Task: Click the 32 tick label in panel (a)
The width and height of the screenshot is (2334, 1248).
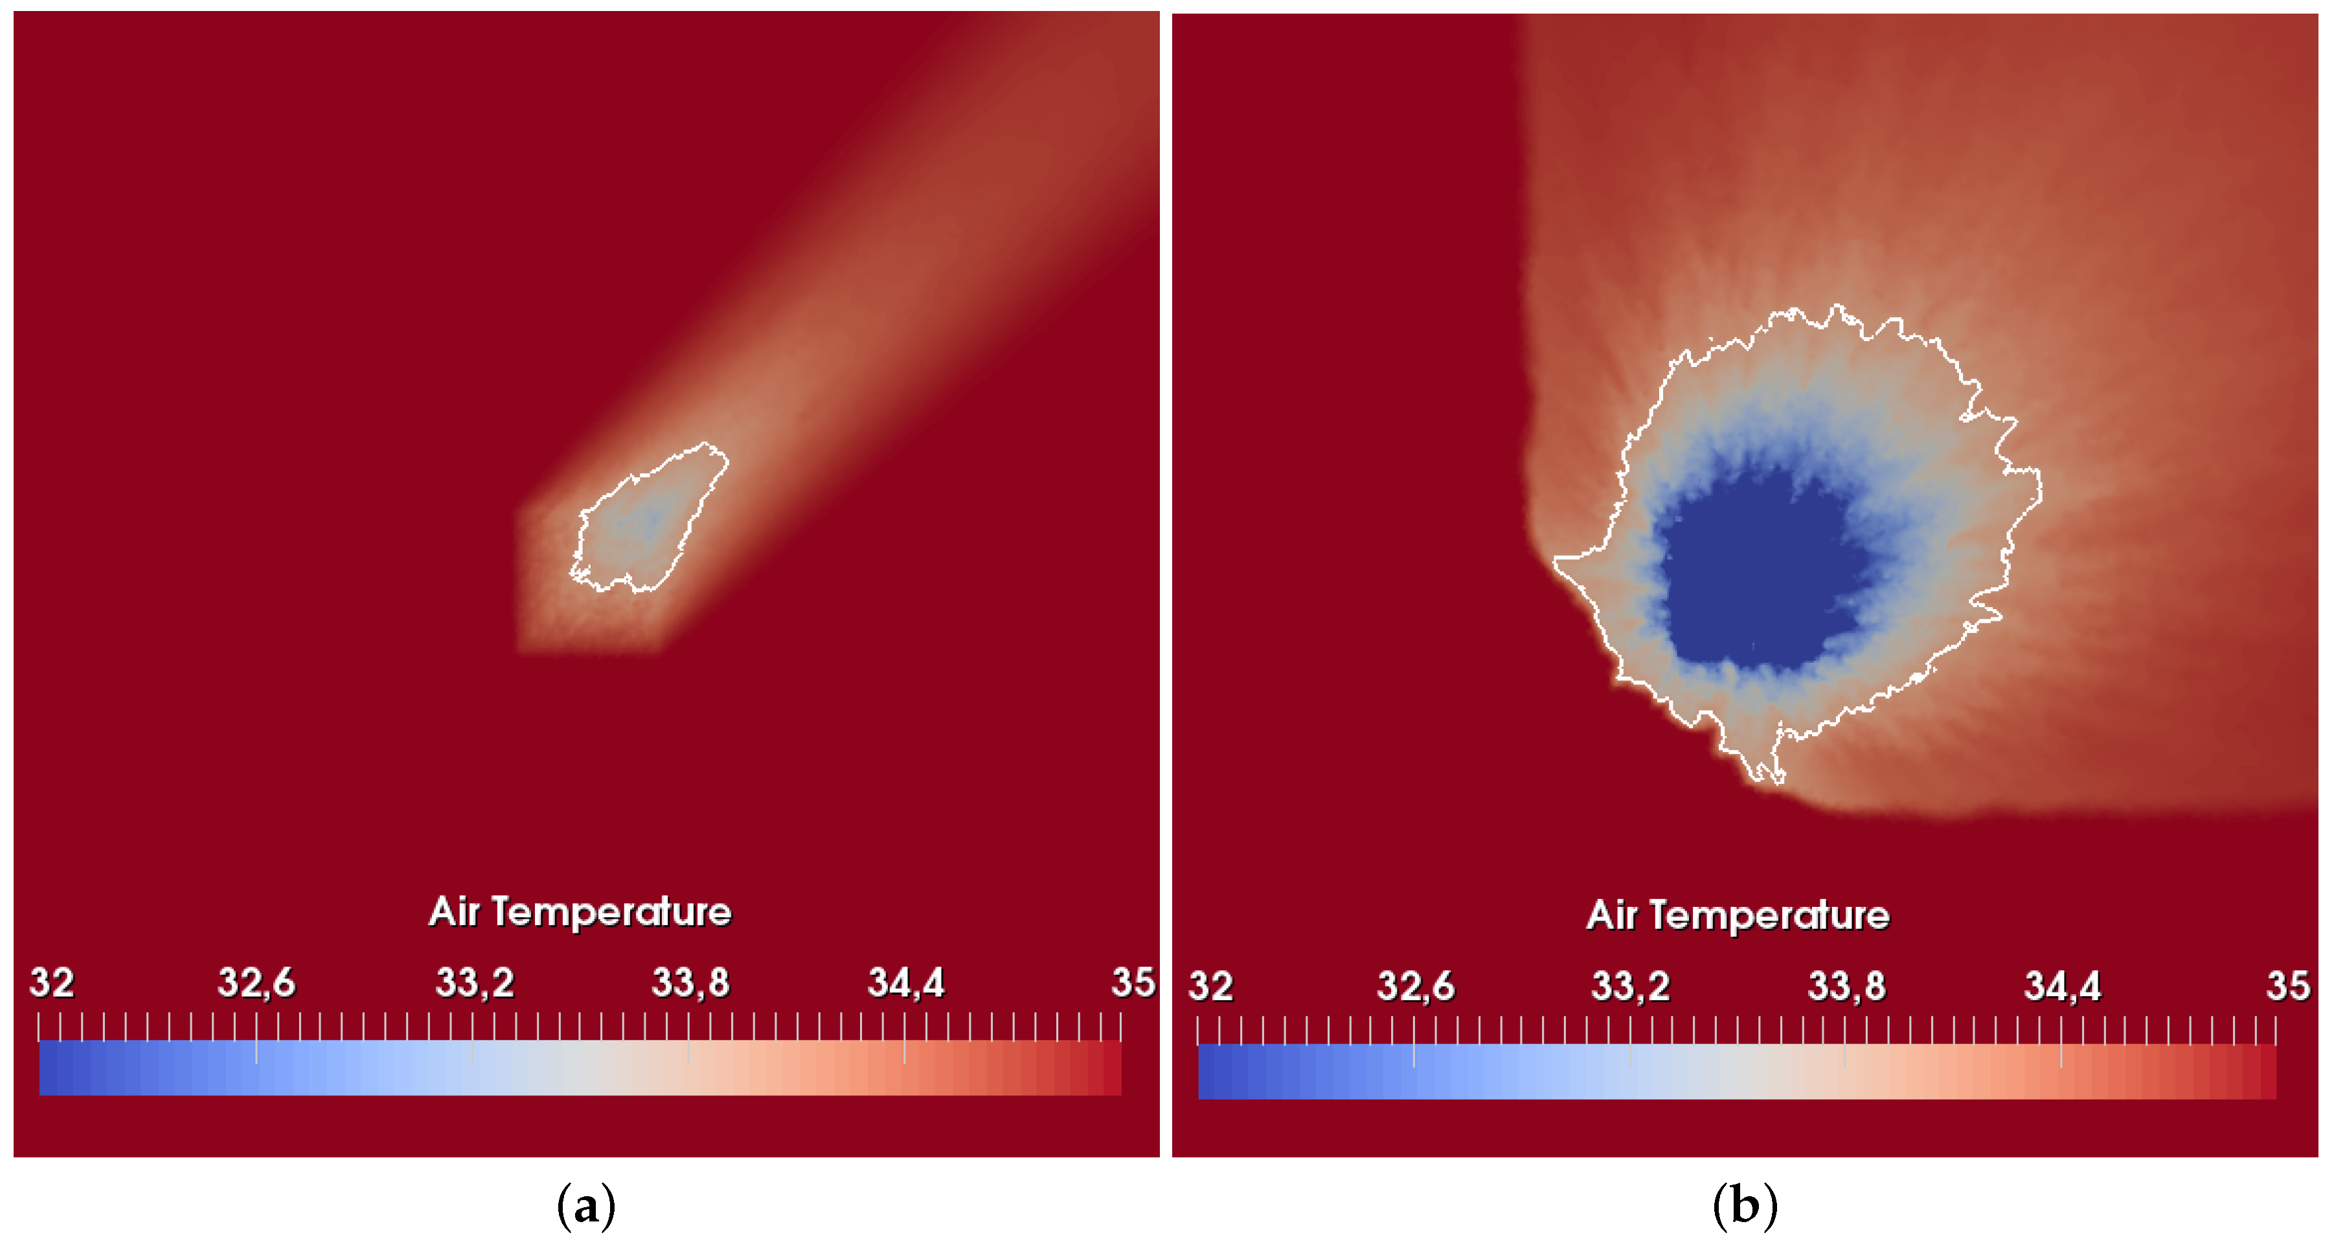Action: pos(52,982)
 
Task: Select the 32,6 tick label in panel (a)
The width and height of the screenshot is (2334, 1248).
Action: pos(256,982)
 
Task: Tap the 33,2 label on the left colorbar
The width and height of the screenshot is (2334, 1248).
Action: pos(475,982)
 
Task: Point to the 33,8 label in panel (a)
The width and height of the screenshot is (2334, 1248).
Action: pos(690,982)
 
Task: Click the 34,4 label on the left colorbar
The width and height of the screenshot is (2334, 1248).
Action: pos(906,982)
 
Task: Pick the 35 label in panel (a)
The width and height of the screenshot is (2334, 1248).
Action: pos(1133,982)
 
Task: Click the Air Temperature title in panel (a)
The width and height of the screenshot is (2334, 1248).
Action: pos(580,911)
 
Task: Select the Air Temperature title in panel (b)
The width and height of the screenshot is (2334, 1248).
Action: pos(1738,915)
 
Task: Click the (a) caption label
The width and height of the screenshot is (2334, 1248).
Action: pos(585,1207)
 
